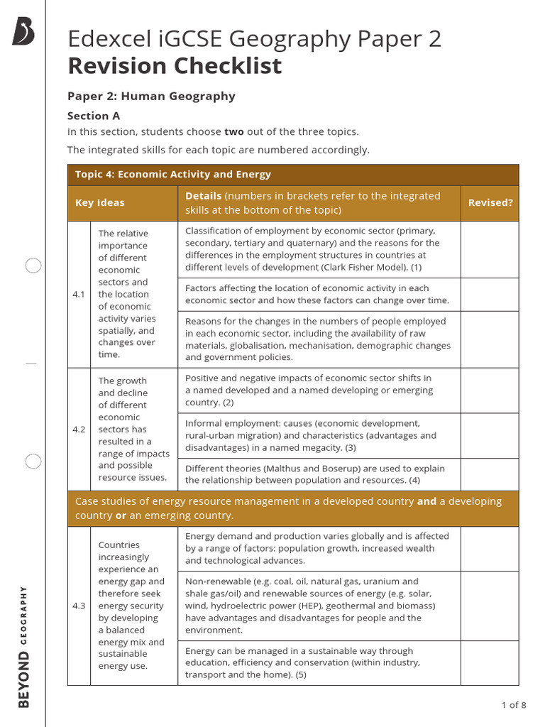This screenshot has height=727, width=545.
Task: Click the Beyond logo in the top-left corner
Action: click(x=23, y=32)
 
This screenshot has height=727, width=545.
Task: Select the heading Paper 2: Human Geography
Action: click(x=151, y=96)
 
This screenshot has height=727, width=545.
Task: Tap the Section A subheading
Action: click(x=94, y=116)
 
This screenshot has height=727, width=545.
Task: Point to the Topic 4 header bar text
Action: click(x=173, y=175)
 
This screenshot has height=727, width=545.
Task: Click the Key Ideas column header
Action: click(x=100, y=203)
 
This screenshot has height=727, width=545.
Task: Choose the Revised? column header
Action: click(x=490, y=203)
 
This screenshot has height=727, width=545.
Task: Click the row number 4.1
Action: click(x=79, y=294)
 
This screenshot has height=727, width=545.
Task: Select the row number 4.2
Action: click(x=79, y=430)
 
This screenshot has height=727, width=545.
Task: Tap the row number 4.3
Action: click(x=79, y=606)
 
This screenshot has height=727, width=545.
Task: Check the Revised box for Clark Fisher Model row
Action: click(x=490, y=249)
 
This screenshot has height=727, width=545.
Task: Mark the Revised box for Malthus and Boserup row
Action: click(x=490, y=474)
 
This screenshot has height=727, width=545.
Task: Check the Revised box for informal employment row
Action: click(x=490, y=435)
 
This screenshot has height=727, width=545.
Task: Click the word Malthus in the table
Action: click(x=270, y=469)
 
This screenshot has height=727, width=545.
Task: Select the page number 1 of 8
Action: click(x=513, y=705)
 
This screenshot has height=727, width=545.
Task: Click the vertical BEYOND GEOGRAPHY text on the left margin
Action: click(x=24, y=646)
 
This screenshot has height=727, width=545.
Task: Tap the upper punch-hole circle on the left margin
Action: click(x=33, y=266)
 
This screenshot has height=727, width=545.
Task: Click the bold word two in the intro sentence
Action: click(x=234, y=132)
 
